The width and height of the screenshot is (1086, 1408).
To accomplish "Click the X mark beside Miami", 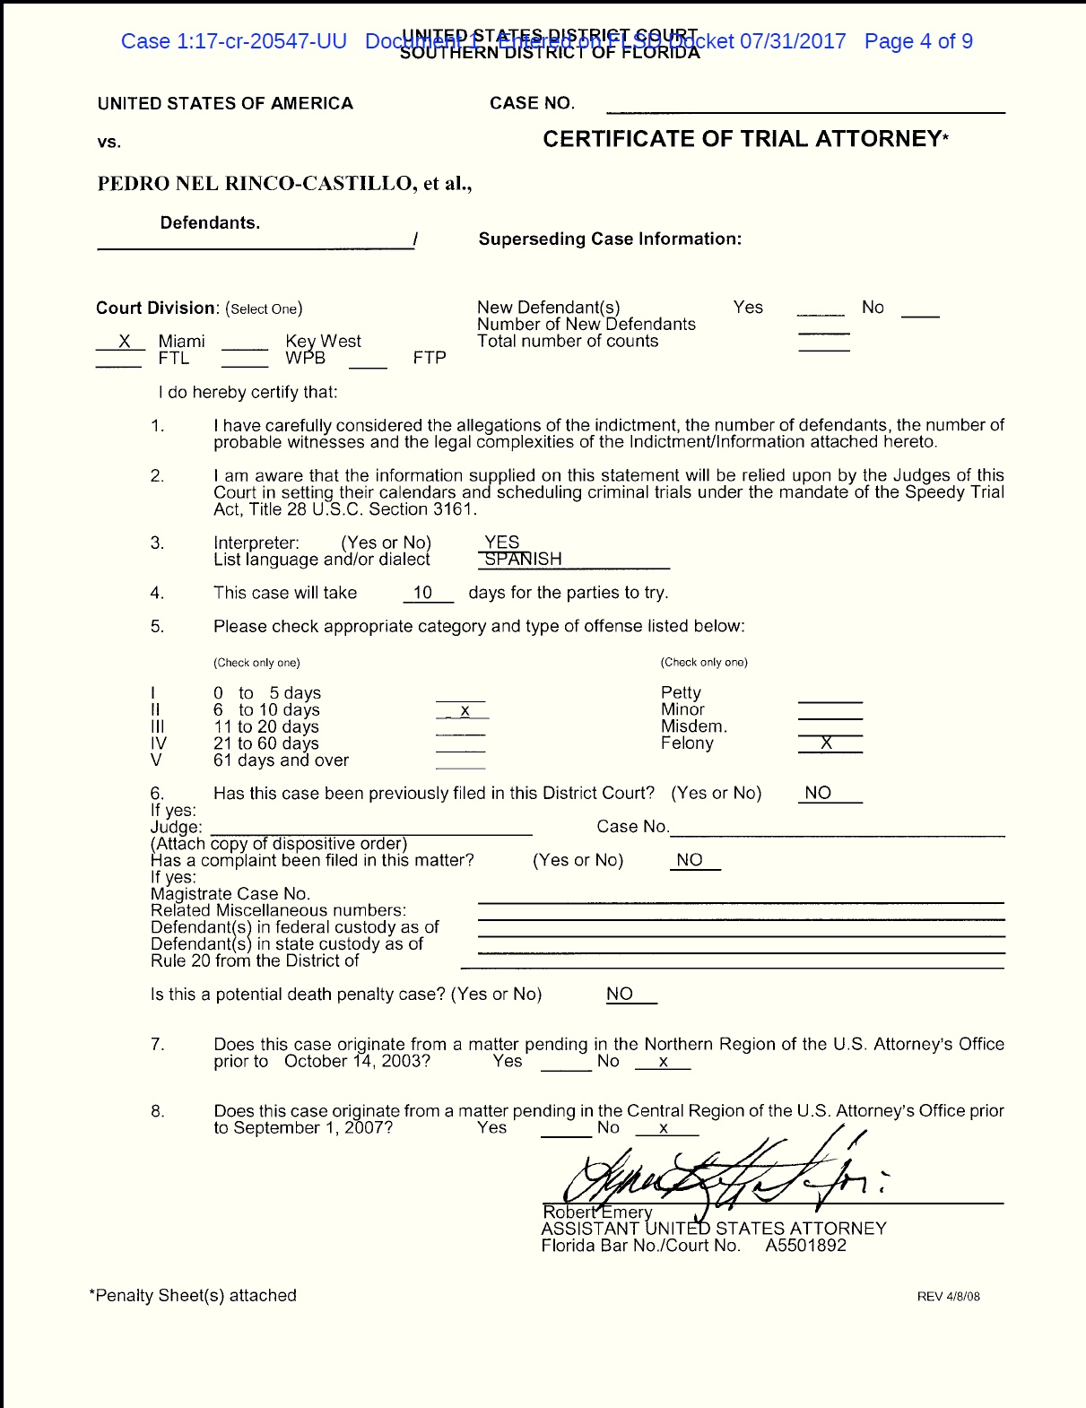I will [125, 341].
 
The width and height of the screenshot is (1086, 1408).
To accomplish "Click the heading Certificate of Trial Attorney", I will [745, 139].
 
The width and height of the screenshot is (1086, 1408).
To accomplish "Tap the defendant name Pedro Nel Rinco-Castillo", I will [256, 184].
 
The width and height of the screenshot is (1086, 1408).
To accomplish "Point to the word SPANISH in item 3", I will [523, 559].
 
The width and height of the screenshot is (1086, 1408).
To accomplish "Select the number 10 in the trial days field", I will [423, 593].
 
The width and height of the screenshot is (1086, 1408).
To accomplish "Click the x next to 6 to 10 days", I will [465, 710].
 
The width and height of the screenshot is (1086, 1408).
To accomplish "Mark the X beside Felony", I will [827, 743].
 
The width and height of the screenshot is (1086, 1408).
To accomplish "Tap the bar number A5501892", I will [805, 1246].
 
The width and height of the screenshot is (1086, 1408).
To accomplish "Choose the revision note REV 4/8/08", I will [948, 1297].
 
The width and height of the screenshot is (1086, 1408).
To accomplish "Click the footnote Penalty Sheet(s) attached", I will [193, 1295].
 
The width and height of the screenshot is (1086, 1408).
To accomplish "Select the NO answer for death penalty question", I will [620, 994].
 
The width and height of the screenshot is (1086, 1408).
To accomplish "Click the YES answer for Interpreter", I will [502, 542].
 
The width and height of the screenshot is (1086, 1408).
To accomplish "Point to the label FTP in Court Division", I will [430, 358].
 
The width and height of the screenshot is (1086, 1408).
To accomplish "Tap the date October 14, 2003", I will [357, 1061].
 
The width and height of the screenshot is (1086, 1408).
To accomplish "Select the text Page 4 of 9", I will [917, 41].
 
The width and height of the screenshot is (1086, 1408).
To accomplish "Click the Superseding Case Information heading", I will [610, 239].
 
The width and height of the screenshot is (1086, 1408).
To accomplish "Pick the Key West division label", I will [323, 341].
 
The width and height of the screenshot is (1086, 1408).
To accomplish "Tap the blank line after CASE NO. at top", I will [805, 107].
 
